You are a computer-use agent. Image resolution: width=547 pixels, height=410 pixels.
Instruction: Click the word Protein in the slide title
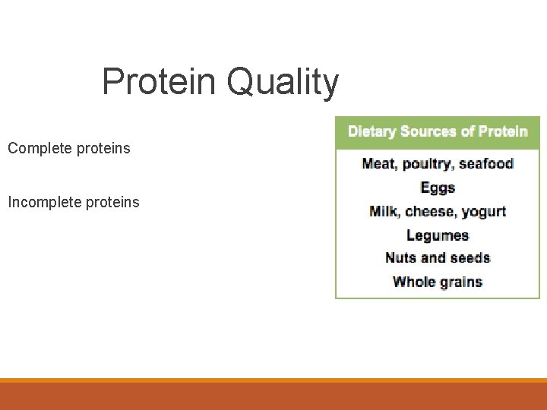point(160,81)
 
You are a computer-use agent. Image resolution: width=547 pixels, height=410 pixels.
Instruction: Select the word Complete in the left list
point(40,149)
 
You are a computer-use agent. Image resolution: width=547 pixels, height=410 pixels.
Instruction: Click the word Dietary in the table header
point(372,131)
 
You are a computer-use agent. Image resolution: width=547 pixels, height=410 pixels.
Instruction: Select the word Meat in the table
point(380,163)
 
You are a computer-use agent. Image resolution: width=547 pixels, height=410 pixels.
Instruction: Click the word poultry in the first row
point(428,164)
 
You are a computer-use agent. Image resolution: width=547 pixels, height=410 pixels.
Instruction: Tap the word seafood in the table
point(486,163)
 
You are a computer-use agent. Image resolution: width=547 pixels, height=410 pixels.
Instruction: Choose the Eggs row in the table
point(438,188)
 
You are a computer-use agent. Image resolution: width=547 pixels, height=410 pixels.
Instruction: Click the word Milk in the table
point(384,211)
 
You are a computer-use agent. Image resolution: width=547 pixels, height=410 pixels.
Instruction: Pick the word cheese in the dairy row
point(431,211)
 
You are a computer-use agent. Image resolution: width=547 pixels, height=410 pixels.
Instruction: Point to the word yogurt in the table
point(484,212)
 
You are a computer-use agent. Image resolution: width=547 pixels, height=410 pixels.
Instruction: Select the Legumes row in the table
point(438,235)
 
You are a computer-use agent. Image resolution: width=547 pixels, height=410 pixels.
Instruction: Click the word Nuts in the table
point(400,257)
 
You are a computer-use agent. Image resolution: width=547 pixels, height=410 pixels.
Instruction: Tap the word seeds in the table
point(470,257)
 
